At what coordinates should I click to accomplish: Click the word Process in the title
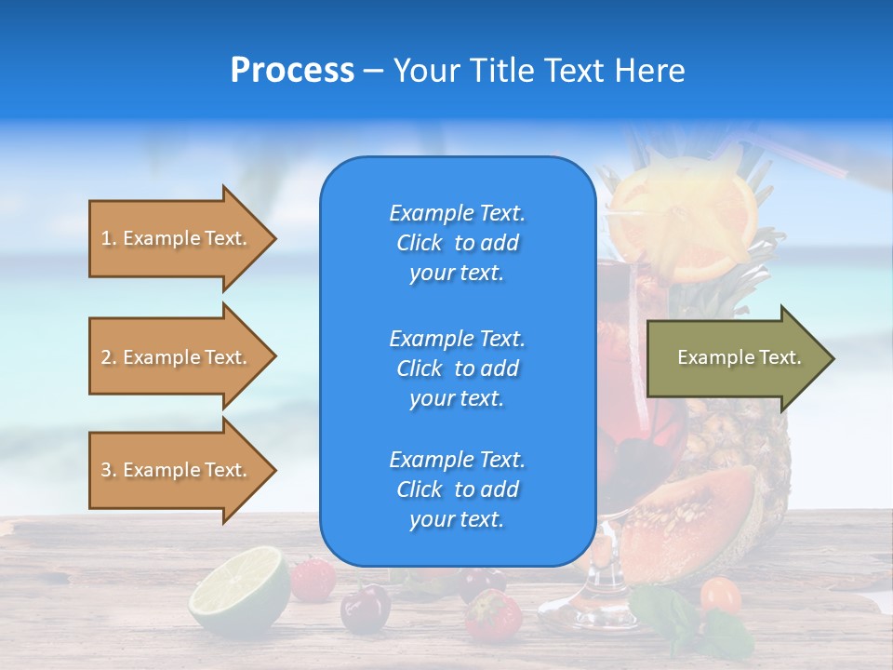(292, 71)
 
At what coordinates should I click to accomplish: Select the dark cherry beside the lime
(365, 609)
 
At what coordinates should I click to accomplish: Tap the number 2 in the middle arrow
(106, 357)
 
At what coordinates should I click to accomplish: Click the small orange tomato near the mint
(720, 595)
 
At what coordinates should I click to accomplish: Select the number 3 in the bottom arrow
(106, 470)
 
